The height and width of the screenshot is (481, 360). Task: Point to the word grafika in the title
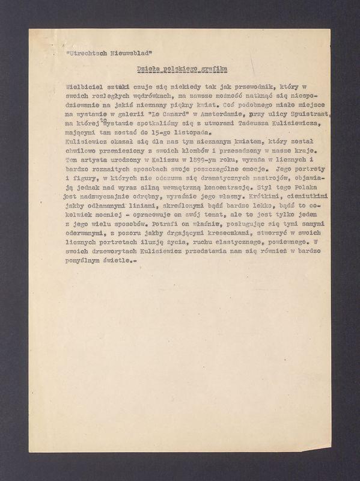point(212,69)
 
